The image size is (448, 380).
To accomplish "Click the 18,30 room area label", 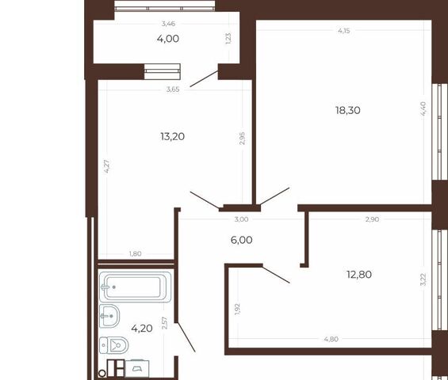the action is click(348, 110).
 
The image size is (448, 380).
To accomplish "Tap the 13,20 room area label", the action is click(173, 137).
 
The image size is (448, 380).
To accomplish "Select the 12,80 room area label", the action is click(359, 275).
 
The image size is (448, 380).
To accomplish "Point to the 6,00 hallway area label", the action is click(241, 240).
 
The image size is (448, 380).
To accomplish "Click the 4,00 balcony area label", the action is click(168, 39).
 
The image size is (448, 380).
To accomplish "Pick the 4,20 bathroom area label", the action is click(142, 329).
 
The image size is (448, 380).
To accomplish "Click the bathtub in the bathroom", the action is click(136, 287).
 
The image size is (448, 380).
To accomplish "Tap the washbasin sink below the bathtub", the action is click(109, 316).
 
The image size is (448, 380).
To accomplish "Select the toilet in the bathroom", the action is click(113, 345).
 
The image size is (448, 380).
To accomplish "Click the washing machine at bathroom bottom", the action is click(137, 369).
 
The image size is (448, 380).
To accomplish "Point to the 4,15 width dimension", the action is click(343, 31).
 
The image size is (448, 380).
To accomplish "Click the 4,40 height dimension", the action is click(423, 108).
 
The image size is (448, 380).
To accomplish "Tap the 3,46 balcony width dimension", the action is click(168, 24).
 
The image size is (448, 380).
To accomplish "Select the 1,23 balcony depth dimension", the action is click(228, 39).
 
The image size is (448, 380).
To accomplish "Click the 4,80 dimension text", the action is click(331, 339).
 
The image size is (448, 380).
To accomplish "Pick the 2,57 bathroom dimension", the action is click(164, 323).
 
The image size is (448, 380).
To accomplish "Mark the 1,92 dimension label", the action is click(237, 309).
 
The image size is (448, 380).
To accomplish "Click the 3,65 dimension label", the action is click(173, 89).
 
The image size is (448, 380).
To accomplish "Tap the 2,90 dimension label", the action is click(373, 219).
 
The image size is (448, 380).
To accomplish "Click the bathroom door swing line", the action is click(185, 337).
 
